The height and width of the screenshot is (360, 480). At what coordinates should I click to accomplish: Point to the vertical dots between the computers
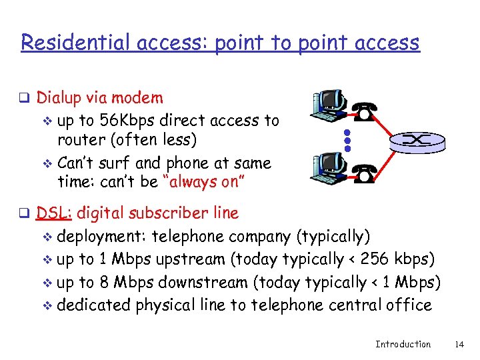coord(347,138)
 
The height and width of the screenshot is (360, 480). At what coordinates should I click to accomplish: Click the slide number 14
coord(458,344)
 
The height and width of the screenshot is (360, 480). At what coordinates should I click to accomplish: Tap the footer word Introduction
coord(403,344)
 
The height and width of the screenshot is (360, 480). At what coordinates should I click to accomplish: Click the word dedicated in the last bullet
coord(94,305)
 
